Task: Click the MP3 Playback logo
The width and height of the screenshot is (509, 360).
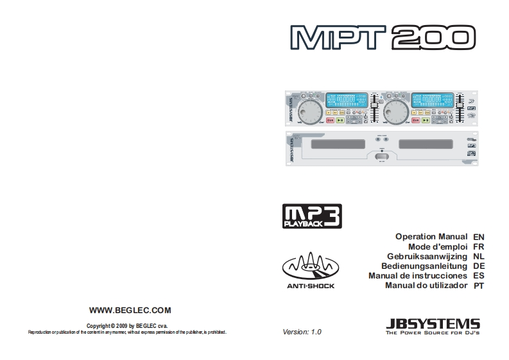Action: pyautogui.click(x=312, y=216)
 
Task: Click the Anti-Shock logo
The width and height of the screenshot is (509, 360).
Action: pyautogui.click(x=311, y=270)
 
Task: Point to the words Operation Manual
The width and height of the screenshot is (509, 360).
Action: pyautogui.click(x=431, y=237)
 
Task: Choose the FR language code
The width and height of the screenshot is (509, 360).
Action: pyautogui.click(x=478, y=246)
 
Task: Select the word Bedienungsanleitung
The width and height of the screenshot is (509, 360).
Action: pyautogui.click(x=424, y=266)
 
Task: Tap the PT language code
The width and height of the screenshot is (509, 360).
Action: pyautogui.click(x=478, y=285)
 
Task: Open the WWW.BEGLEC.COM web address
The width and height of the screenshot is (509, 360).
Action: pyautogui.click(x=130, y=310)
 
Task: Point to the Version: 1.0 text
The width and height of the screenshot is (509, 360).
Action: pyautogui.click(x=302, y=332)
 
